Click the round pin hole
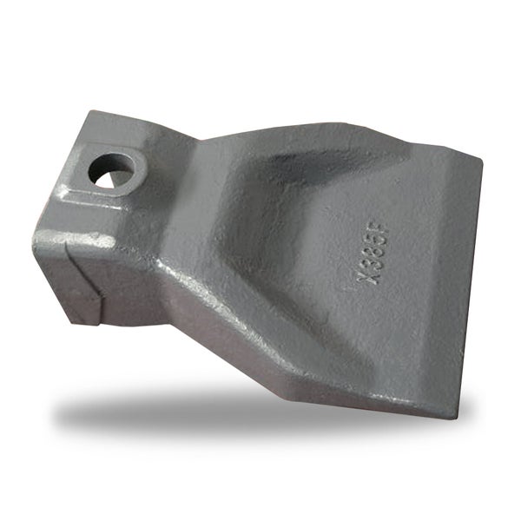(112, 170)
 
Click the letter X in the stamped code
(367, 276)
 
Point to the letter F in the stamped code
(375, 226)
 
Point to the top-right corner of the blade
(483, 162)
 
